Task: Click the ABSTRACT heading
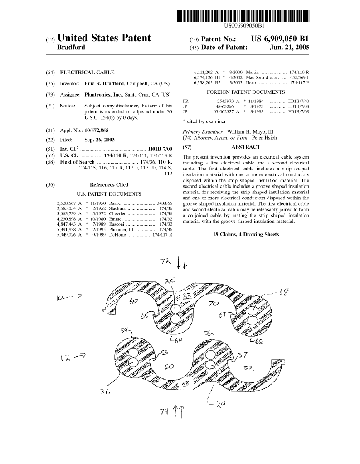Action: pos(246,147)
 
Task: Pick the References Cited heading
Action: pos(109,185)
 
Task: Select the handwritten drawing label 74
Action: pos(165,411)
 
